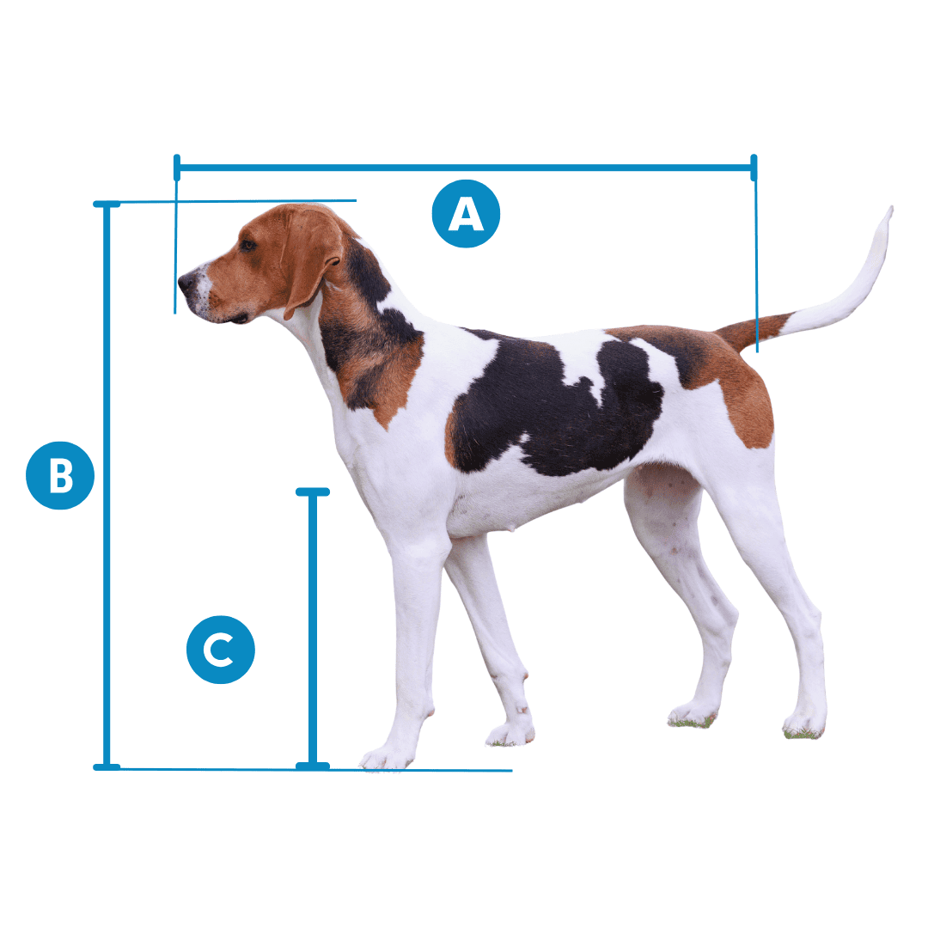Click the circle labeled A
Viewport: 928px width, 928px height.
click(x=465, y=214)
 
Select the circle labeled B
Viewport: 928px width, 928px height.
click(x=60, y=475)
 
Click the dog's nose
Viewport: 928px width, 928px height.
click(x=185, y=281)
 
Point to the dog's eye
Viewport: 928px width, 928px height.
click(x=248, y=246)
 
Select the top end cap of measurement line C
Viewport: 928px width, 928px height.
click(x=313, y=492)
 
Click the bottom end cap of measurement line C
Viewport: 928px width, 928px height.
click(x=313, y=765)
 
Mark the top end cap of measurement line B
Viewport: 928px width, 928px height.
click(x=107, y=205)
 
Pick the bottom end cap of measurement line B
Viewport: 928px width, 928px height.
click(x=107, y=766)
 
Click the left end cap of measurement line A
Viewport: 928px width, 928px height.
click(x=177, y=167)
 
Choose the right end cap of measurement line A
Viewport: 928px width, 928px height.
click(x=754, y=167)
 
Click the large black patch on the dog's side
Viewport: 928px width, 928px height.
click(x=550, y=404)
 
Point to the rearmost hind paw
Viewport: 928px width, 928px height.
click(x=804, y=726)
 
